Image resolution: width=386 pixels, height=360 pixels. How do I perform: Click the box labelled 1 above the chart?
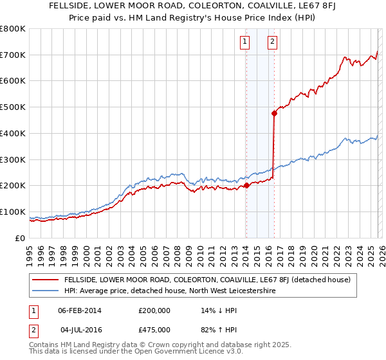click(245, 42)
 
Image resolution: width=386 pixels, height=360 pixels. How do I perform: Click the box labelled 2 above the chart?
click(273, 42)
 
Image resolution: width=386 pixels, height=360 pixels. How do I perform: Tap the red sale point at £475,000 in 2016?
click(274, 113)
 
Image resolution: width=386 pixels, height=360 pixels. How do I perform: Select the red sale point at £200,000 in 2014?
click(246, 186)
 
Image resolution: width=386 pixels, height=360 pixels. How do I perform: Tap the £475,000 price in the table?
click(154, 330)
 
